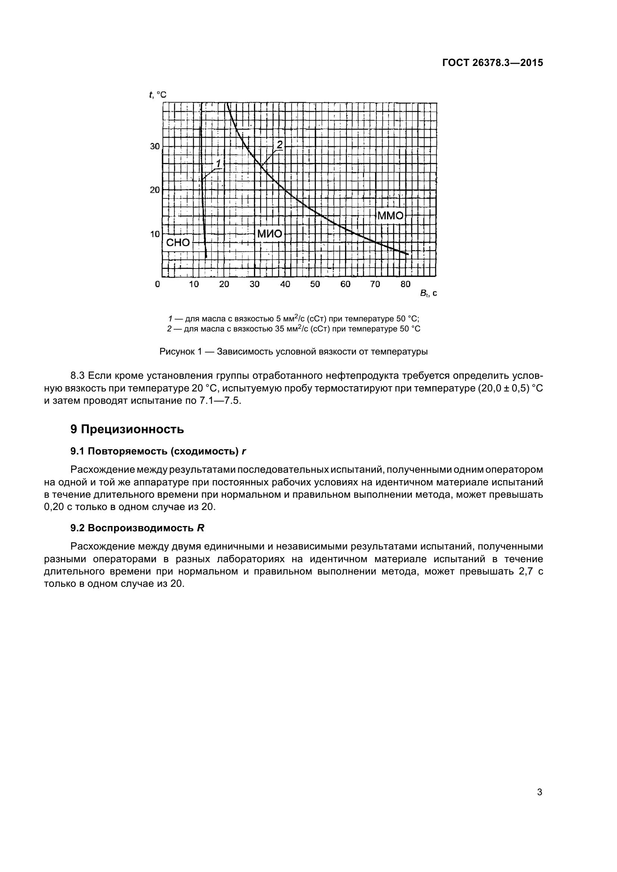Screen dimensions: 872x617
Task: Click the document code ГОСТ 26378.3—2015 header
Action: [x=492, y=63]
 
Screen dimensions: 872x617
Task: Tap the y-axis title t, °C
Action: [x=158, y=95]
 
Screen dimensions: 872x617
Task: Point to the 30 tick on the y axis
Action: [x=155, y=146]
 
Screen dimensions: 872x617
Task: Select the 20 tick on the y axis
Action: [x=155, y=189]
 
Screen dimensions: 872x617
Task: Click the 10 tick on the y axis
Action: [x=155, y=234]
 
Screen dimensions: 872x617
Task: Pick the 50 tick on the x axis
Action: [x=315, y=284]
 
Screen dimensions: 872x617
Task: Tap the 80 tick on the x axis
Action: [x=405, y=284]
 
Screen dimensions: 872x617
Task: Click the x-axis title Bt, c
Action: [x=428, y=293]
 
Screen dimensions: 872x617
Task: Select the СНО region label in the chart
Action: [x=178, y=242]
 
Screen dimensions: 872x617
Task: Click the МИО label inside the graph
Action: [x=270, y=234]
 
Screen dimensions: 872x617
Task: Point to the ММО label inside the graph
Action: [x=390, y=216]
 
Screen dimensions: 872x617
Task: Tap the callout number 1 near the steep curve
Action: [x=219, y=163]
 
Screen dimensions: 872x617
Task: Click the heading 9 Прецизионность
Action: [x=127, y=429]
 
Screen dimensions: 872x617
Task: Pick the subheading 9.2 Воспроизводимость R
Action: [x=137, y=528]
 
